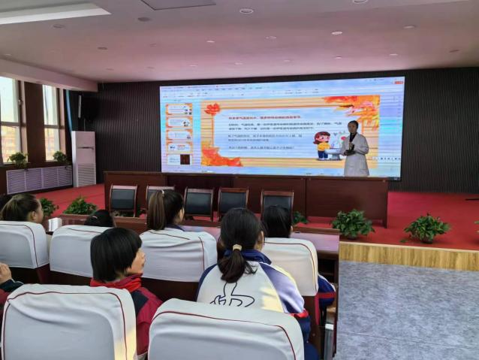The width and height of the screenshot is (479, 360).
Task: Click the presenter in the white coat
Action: pyautogui.click(x=354, y=150)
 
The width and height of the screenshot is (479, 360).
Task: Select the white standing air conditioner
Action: pyautogui.click(x=83, y=158)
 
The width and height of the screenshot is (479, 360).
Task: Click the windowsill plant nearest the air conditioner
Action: pyautogui.click(x=59, y=158)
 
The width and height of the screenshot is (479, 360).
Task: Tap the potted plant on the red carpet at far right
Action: pyautogui.click(x=426, y=227)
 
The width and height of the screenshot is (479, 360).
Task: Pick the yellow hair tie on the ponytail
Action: pyautogui.click(x=236, y=247)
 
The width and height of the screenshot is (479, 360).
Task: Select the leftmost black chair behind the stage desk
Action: pyautogui.click(x=123, y=200)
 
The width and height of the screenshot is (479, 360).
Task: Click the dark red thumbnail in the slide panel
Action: pyautogui.click(x=185, y=159)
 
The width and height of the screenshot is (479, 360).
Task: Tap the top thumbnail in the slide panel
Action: pyautogui.click(x=178, y=110)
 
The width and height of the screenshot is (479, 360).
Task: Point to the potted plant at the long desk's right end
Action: pyautogui.click(x=352, y=223)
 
